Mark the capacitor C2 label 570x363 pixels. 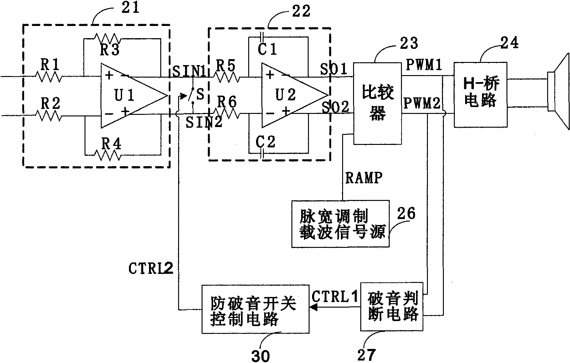tap(265, 142)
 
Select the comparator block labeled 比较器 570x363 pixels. tap(377, 103)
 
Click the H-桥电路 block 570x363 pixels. tap(480, 94)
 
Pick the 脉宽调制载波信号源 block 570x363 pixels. tap(341, 224)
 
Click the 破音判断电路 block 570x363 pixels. tap(392, 307)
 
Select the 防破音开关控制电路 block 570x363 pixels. tap(255, 309)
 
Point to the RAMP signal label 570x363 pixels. tap(364, 178)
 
